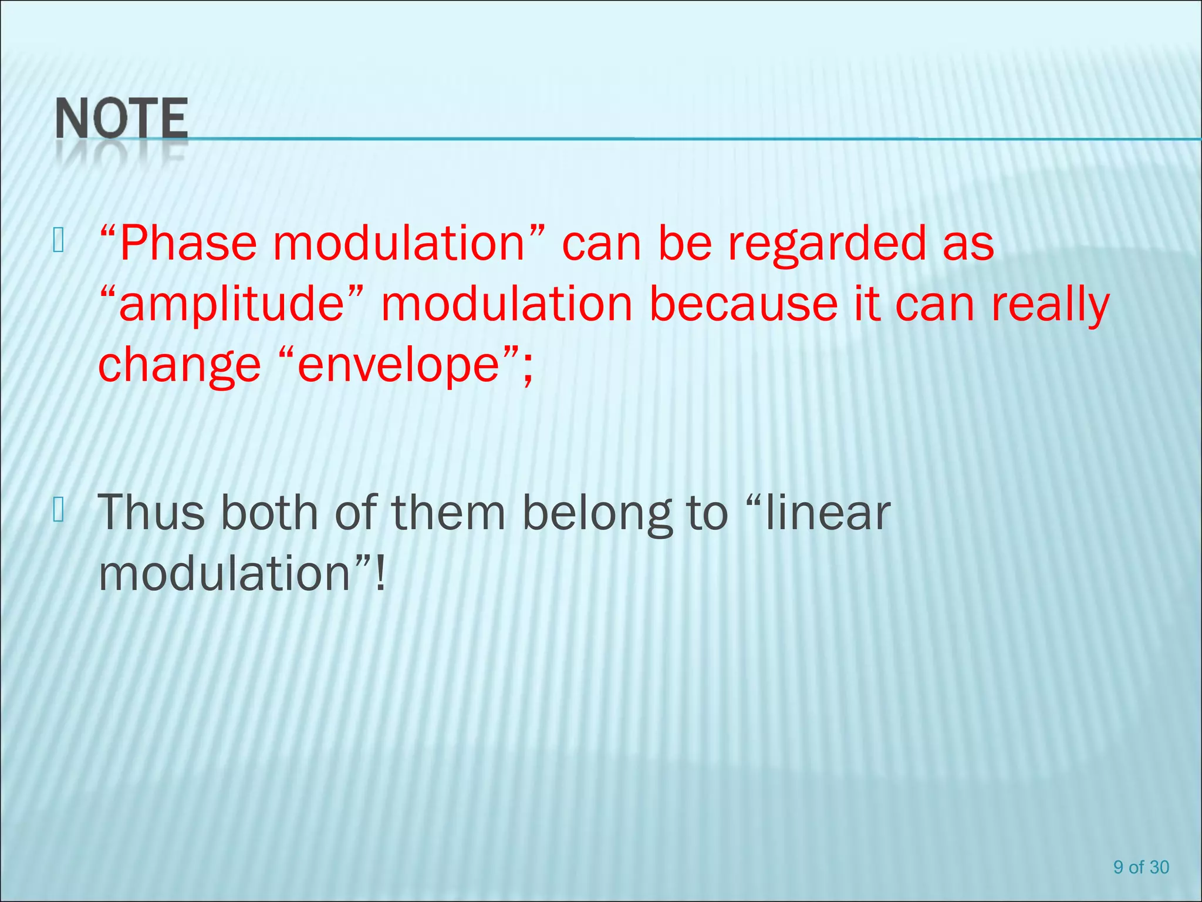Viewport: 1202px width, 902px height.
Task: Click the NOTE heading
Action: click(121, 119)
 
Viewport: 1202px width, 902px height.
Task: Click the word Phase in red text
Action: click(188, 244)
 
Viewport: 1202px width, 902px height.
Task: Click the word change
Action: click(179, 365)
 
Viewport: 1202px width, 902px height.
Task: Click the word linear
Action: click(828, 513)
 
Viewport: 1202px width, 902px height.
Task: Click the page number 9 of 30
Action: click(1141, 867)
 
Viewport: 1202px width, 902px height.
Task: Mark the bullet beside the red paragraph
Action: click(58, 240)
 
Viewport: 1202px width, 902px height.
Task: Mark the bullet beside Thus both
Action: click(58, 509)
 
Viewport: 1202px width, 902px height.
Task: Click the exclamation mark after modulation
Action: click(380, 574)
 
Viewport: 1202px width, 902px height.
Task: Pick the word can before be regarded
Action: click(601, 244)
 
